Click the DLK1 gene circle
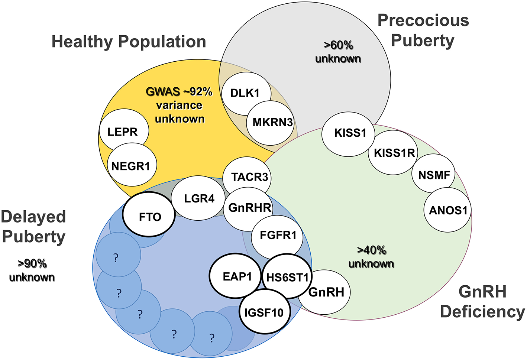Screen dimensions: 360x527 [245, 93]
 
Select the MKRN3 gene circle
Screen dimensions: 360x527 [272, 122]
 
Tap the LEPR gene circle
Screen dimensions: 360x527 [123, 132]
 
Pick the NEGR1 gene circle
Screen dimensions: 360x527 [131, 166]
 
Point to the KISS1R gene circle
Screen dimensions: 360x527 [394, 153]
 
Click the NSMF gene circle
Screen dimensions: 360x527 [434, 175]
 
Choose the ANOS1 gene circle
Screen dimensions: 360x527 [448, 210]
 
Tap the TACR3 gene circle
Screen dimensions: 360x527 [249, 177]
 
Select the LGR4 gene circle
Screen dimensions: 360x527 [199, 199]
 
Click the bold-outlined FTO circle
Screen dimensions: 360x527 [150, 217]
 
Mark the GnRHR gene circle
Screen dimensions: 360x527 [250, 208]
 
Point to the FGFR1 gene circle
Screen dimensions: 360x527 [278, 235]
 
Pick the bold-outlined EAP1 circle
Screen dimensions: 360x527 [237, 276]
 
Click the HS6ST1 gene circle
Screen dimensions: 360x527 [287, 277]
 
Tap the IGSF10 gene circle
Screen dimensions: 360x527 [264, 312]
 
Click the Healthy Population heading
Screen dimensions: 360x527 [129, 42]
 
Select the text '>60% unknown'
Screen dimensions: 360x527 [338, 52]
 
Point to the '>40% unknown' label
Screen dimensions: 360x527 [371, 257]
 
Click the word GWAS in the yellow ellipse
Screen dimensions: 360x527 [163, 91]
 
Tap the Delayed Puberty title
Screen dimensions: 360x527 [33, 227]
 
